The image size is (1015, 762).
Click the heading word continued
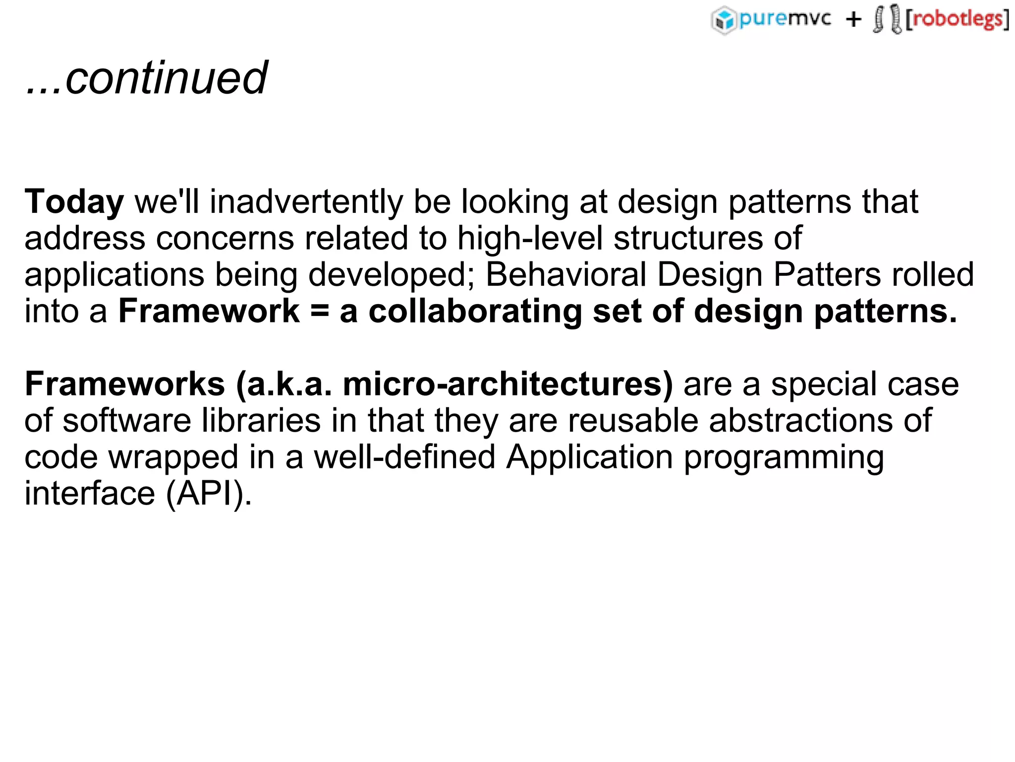[x=166, y=78]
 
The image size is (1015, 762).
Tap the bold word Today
[x=74, y=202]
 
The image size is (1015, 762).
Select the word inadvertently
[x=306, y=202]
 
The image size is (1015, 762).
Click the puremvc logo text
[x=785, y=19]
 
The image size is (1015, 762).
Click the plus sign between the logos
[x=853, y=20]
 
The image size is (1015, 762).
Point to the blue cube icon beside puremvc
[x=724, y=20]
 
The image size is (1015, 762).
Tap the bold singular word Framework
[x=209, y=311]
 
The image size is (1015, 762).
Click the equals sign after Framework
[x=320, y=312]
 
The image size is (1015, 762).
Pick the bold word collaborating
[x=475, y=311]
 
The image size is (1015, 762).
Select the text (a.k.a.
[x=284, y=384]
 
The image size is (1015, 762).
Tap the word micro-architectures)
[x=508, y=384]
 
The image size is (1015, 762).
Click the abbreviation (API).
[x=209, y=494]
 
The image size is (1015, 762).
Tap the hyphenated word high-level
[x=530, y=238]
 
